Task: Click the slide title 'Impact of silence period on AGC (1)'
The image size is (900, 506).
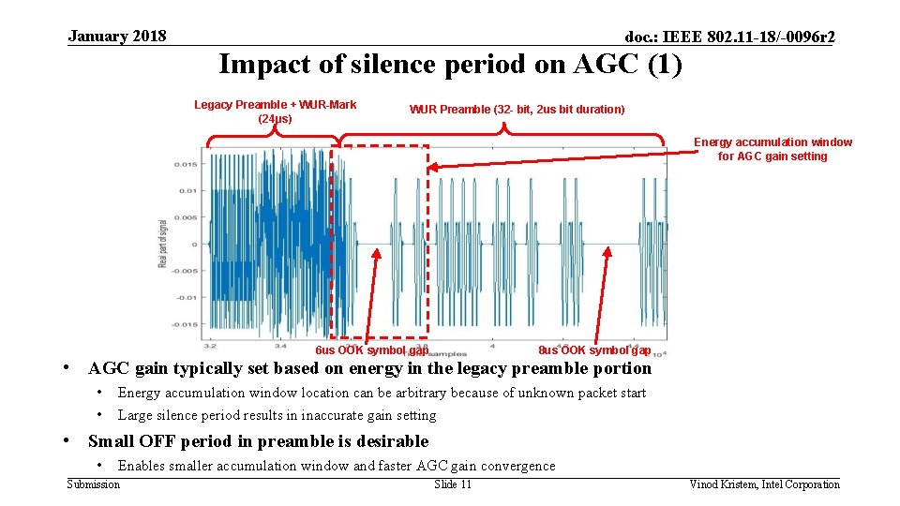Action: [450, 65]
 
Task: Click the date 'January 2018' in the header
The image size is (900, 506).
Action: [117, 37]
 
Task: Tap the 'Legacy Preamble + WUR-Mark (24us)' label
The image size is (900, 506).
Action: [275, 112]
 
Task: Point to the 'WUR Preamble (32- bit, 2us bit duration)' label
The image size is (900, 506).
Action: [517, 110]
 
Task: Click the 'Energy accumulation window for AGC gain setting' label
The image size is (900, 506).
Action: [772, 149]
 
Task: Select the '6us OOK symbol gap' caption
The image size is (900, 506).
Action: [371, 350]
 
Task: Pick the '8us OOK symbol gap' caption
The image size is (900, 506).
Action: [594, 350]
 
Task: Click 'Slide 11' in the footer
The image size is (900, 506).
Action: [453, 484]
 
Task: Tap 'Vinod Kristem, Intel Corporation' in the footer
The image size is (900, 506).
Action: [764, 484]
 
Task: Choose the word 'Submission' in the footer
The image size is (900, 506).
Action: [94, 484]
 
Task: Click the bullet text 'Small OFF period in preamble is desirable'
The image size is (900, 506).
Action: [258, 441]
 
